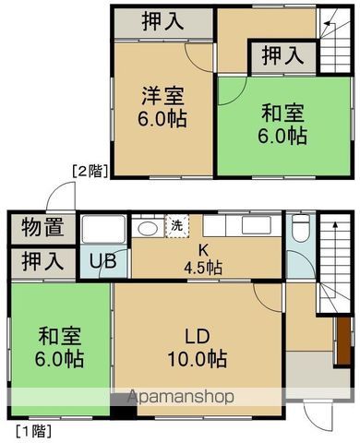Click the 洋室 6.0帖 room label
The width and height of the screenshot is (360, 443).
coord(162,105)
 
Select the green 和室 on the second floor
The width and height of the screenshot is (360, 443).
coord(269,126)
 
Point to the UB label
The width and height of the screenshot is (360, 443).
coord(102,262)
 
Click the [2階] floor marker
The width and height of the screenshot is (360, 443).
coord(90,169)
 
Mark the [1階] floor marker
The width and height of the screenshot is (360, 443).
coord(32,430)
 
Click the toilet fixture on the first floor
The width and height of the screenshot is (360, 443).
coord(299,232)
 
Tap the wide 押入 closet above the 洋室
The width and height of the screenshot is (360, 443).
coord(162,21)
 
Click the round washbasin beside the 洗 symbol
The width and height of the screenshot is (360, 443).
coord(148,228)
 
